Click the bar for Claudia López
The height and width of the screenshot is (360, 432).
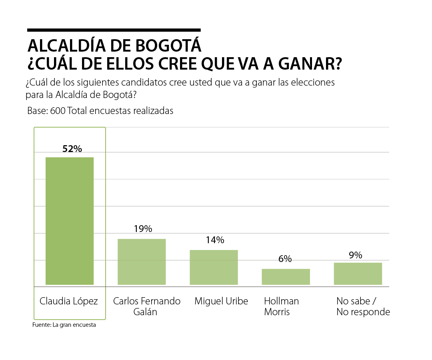click(x=70, y=221)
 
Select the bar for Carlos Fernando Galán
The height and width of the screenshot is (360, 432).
click(x=142, y=262)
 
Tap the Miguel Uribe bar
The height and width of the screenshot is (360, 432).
click(x=214, y=267)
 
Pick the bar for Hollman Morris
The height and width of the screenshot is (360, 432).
click(x=286, y=277)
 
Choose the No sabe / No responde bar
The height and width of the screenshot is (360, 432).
click(x=358, y=274)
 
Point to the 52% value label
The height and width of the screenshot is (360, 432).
click(x=72, y=149)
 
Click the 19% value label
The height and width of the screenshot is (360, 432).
click(x=143, y=229)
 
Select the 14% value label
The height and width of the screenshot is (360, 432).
click(x=215, y=240)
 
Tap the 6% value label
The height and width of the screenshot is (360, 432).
click(x=285, y=259)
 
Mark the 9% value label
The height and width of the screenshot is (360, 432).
click(x=355, y=255)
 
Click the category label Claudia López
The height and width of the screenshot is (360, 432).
click(x=69, y=301)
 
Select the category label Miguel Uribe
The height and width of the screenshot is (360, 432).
click(x=221, y=301)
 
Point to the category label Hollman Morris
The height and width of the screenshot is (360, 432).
click(x=281, y=306)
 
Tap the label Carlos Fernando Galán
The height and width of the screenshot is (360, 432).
click(x=146, y=306)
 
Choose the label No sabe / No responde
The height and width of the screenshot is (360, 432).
click(x=363, y=306)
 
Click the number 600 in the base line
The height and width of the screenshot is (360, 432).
click(x=58, y=111)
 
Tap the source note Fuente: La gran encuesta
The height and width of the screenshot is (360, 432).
click(x=64, y=325)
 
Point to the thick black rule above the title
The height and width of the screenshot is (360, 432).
click(x=114, y=30)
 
